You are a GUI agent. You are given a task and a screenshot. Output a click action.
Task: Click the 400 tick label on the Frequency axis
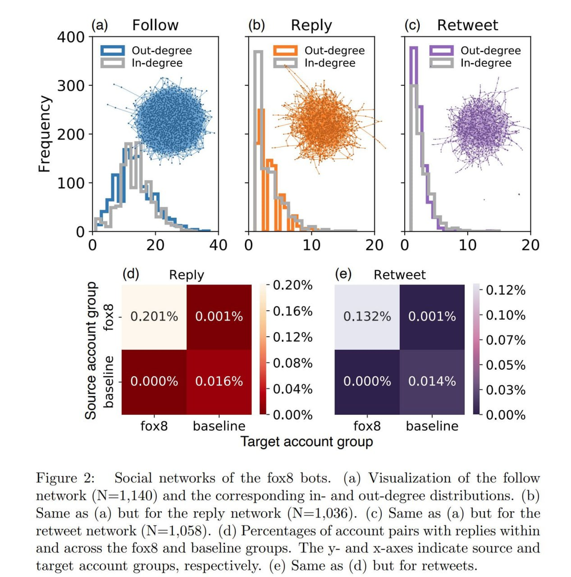tap(71, 37)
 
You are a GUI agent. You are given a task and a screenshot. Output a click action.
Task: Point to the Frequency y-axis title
tap(44, 134)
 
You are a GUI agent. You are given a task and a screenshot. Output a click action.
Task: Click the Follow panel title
tap(155, 25)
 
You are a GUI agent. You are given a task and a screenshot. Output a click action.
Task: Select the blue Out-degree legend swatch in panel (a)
tap(112, 50)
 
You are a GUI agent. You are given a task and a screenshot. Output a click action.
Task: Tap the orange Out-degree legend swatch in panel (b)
tap(285, 50)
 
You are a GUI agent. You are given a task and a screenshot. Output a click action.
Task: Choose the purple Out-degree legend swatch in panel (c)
tap(441, 50)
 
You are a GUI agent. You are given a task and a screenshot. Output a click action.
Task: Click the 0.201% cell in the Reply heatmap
tap(154, 316)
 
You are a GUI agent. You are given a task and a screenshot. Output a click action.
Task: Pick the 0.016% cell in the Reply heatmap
tap(219, 381)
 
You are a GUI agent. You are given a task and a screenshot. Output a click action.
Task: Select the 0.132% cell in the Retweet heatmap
tap(367, 316)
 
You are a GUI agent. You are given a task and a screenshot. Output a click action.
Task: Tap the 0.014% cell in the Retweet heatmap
tap(432, 381)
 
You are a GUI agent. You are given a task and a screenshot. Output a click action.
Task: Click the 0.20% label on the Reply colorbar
tap(292, 286)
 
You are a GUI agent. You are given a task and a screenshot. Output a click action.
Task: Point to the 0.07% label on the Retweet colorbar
tap(506, 340)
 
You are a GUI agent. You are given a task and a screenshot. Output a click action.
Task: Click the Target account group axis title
tap(306, 442)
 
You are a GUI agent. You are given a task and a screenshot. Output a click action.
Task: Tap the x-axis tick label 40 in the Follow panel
tap(218, 245)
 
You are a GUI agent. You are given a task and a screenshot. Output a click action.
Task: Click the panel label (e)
tap(343, 274)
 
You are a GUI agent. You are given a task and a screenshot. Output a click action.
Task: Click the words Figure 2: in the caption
tap(65, 478)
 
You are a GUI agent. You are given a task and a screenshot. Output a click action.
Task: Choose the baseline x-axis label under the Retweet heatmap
tap(432, 426)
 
